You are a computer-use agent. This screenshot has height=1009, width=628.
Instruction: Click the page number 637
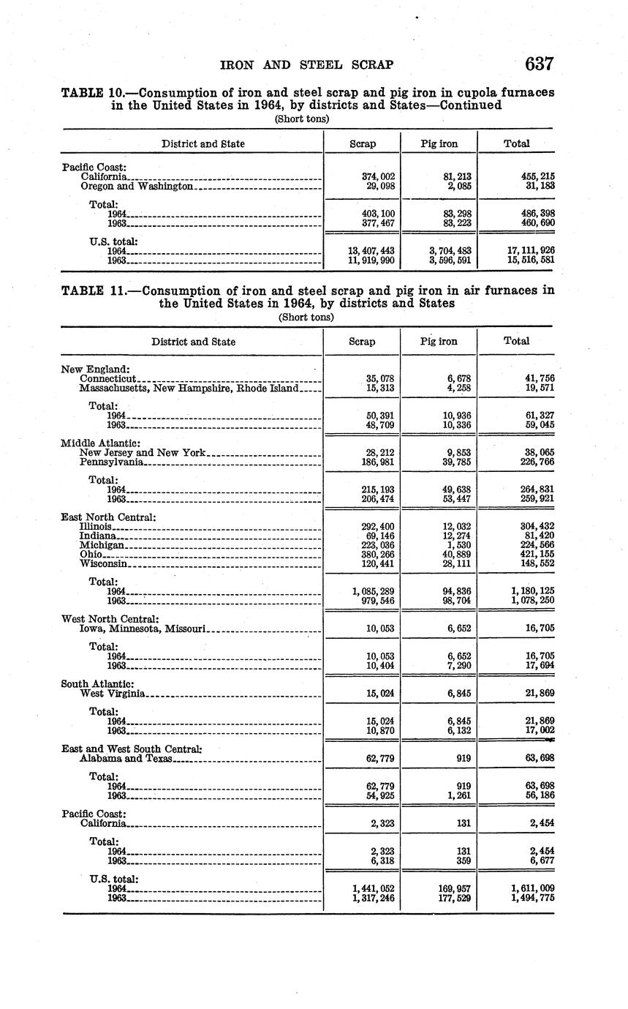tap(539, 64)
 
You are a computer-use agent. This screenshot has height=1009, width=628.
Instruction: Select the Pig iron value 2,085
tap(457, 186)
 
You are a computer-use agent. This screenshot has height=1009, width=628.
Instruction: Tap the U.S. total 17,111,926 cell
tap(530, 250)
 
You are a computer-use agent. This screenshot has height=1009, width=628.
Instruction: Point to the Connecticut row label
tap(108, 378)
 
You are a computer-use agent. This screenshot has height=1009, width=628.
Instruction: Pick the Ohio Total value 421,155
tap(534, 555)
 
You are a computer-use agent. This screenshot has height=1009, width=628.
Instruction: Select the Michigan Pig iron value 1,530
tap(460, 545)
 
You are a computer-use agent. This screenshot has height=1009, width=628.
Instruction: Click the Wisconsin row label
tap(105, 564)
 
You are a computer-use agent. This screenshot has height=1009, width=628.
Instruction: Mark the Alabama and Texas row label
tap(126, 759)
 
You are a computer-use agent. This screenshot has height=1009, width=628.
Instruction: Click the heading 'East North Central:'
tap(108, 517)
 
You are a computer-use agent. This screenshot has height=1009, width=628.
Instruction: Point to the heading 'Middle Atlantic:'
tap(101, 443)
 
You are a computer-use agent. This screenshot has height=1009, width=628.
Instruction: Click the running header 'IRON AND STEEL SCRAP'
tap(306, 65)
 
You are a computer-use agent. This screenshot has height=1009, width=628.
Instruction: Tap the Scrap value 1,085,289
tap(373, 591)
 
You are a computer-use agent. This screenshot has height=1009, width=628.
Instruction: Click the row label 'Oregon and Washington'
tap(136, 186)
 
